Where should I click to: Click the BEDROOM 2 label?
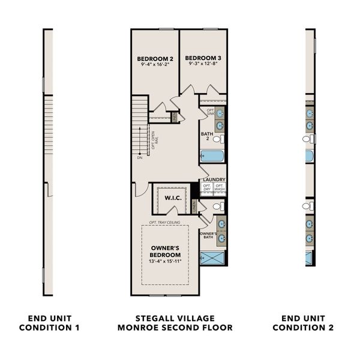(x=155, y=58)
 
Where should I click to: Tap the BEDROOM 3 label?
(x=203, y=58)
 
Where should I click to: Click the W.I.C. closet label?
(x=166, y=196)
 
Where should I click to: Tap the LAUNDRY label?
(x=214, y=179)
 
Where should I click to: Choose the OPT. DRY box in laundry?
(x=207, y=187)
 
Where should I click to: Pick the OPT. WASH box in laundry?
(x=220, y=187)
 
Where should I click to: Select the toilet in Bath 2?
(x=219, y=139)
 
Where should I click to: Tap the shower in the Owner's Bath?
(x=214, y=259)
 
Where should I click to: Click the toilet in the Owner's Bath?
(x=218, y=206)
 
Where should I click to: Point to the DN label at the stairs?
(x=139, y=158)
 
